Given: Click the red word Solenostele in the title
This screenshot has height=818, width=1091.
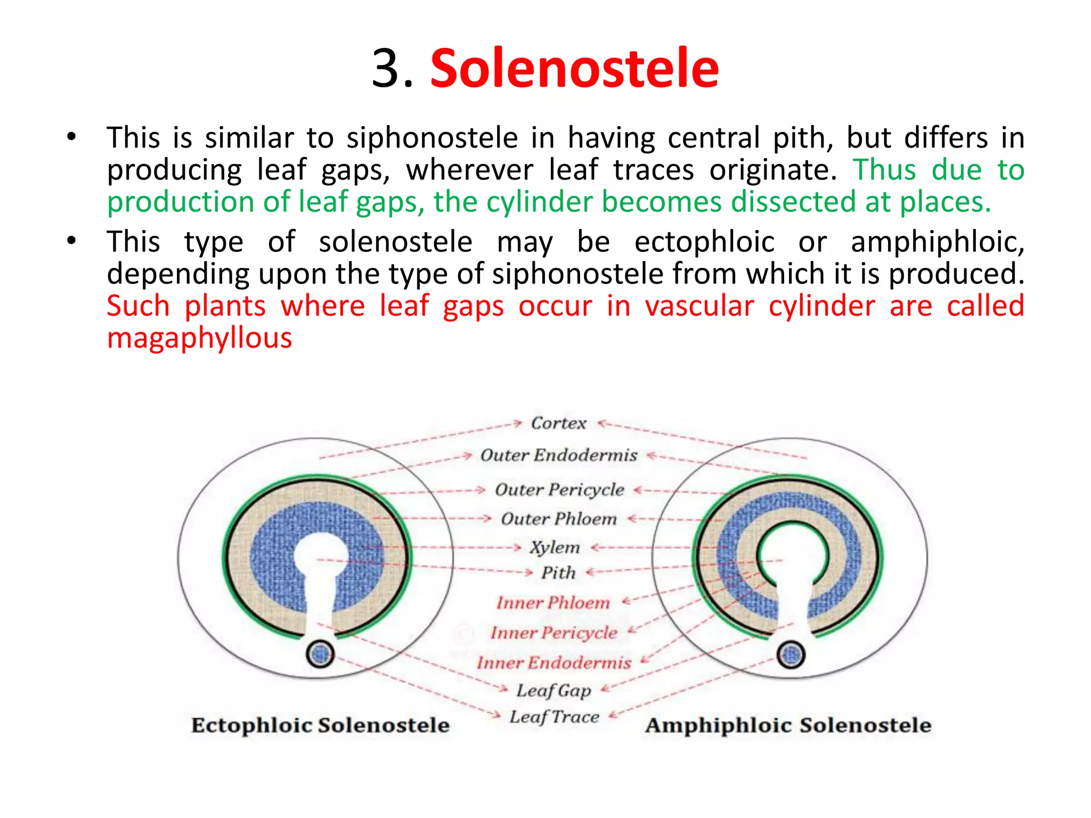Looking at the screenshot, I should [x=574, y=69].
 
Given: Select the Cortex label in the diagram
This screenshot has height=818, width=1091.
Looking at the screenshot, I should [x=558, y=423].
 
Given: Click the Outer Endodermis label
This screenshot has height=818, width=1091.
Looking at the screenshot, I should [x=558, y=455].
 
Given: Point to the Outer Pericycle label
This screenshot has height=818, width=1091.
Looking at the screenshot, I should [x=559, y=489].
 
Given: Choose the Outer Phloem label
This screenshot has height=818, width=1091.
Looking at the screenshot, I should [x=558, y=519].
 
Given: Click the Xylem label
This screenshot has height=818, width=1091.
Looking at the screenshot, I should [x=555, y=547].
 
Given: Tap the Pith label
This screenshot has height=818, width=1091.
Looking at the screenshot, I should [x=558, y=573].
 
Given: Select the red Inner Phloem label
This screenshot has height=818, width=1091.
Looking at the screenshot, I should [x=552, y=603].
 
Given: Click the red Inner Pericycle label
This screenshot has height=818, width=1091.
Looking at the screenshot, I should [x=553, y=633].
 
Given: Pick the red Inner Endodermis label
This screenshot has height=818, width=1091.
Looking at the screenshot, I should [x=553, y=662].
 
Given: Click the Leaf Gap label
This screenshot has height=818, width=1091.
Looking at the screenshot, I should [x=553, y=691].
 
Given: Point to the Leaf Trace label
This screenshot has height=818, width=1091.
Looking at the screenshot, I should [x=554, y=717].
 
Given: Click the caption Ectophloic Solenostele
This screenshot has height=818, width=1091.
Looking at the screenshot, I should [x=320, y=725].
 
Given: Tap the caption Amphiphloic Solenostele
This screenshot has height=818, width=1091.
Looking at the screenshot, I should [x=788, y=725].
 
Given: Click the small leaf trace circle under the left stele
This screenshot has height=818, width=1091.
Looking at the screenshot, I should [x=320, y=655].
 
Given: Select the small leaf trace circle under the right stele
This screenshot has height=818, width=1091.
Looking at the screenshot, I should [x=791, y=655].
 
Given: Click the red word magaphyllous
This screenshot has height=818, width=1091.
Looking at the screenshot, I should [x=199, y=338].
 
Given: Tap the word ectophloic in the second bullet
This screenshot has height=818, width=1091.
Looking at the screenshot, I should [x=704, y=242].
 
